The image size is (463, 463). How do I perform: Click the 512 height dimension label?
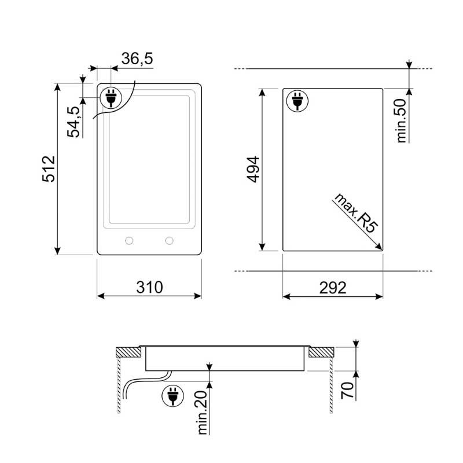point(49,169)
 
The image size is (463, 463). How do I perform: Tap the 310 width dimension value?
point(149,287)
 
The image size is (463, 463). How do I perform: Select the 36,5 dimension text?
point(137,58)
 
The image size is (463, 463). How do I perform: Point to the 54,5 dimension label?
point(74,122)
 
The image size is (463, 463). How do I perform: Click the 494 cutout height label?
point(253,170)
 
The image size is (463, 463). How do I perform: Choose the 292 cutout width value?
point(333,288)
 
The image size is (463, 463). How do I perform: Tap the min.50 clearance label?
point(402,121)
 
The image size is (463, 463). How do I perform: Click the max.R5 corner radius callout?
point(355,213)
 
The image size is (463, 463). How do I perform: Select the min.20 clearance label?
point(202,412)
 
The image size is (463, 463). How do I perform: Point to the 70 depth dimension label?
point(348,390)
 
